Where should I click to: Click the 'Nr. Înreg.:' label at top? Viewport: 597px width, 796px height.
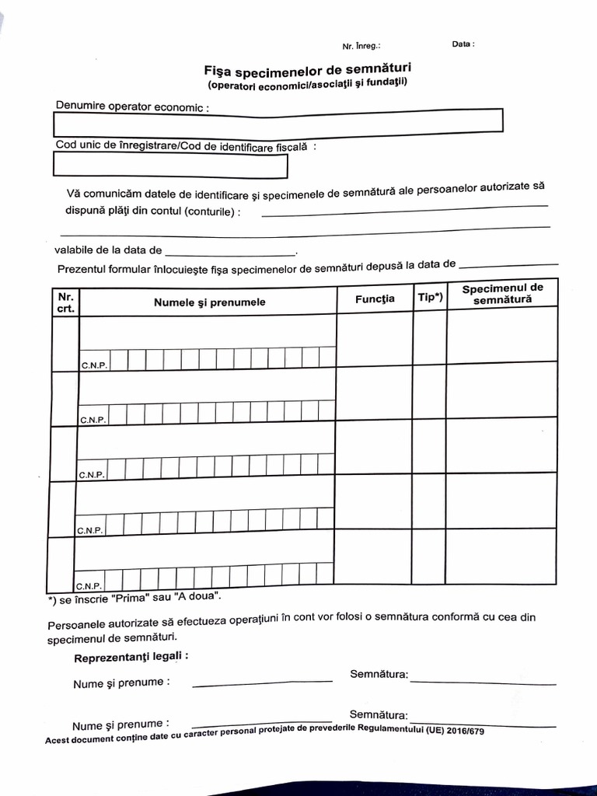361,46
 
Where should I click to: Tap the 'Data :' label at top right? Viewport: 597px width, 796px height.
463,44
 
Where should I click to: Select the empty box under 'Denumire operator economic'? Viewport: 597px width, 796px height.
278,122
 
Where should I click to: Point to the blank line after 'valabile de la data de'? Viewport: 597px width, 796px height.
230,253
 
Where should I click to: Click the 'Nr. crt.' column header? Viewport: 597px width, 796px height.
66,302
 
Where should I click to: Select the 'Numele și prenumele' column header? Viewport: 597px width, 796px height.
209,302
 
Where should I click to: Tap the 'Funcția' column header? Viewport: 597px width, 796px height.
375,298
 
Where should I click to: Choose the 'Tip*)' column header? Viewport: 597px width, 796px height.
430,297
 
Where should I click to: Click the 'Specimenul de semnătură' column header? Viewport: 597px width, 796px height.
502,293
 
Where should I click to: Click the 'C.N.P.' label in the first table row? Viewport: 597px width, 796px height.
93,365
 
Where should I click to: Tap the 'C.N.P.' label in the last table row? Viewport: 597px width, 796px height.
87,585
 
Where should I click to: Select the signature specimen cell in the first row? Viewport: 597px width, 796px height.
502,334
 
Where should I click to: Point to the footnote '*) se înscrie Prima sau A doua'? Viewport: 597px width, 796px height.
134,599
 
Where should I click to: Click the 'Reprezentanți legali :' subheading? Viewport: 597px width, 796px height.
131,657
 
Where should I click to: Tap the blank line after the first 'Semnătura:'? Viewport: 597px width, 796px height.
483,682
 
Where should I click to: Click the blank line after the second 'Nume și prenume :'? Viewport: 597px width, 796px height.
262,721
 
